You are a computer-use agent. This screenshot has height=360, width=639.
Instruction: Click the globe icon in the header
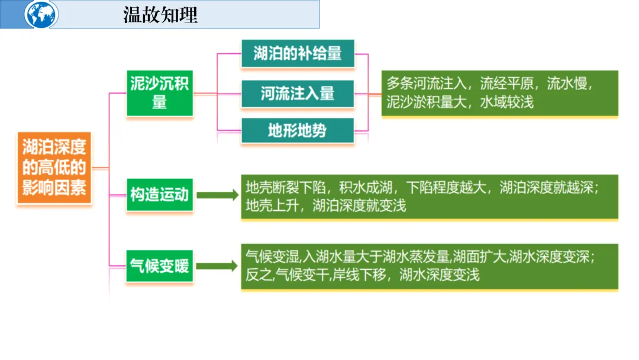coord(41,14)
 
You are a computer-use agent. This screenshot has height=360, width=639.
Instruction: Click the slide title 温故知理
coord(160,15)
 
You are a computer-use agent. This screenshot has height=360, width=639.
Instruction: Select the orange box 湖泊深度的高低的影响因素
coord(54,168)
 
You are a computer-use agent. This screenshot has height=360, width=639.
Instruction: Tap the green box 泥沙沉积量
coord(159,93)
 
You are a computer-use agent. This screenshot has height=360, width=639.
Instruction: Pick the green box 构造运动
coord(159,195)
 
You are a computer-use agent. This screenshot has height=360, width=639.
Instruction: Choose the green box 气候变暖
coord(159,266)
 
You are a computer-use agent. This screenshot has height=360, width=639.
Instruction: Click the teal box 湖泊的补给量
coord(298,54)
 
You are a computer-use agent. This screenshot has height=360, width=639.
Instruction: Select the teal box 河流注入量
coord(298,94)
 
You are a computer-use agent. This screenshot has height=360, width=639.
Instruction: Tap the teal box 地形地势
coord(298,130)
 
